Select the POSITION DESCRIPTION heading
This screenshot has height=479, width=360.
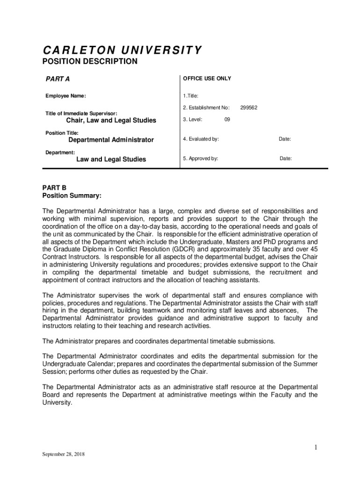click(90, 62)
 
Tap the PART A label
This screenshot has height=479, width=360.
click(58, 79)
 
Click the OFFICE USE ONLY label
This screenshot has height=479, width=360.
click(207, 79)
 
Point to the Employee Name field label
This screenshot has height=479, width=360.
click(65, 96)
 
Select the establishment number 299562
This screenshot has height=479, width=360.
click(249, 108)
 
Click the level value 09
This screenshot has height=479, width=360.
click(227, 120)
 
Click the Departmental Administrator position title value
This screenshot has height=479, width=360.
click(111, 140)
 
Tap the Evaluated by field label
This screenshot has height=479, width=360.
click(201, 139)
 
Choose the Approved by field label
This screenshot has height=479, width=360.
click(201, 159)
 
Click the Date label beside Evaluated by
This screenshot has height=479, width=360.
click(285, 139)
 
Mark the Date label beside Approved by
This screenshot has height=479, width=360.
click(286, 159)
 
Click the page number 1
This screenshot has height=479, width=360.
click(316, 448)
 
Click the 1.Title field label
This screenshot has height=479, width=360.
click(191, 96)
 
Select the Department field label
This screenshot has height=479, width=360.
click(60, 152)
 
